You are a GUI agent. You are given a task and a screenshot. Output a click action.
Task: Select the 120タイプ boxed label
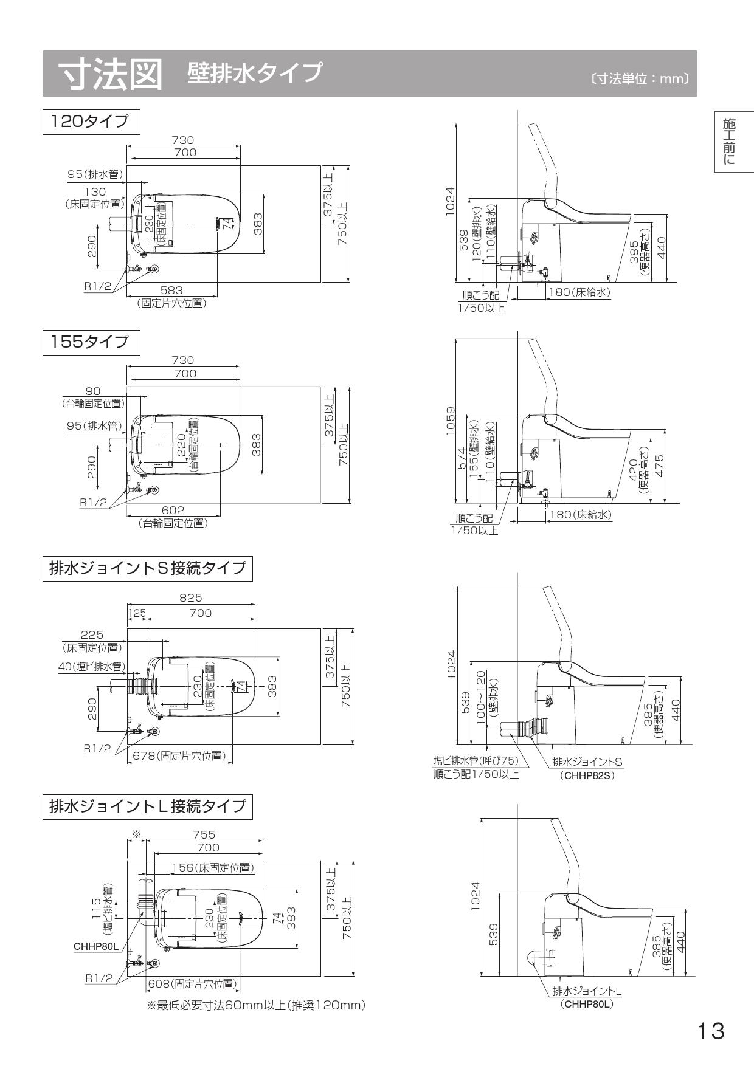91,122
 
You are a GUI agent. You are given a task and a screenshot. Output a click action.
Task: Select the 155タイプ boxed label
91,342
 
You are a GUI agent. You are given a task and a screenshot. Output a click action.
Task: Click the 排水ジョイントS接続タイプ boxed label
147,568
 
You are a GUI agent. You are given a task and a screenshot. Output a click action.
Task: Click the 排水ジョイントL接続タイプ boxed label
147,806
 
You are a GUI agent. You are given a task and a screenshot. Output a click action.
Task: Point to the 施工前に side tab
729,142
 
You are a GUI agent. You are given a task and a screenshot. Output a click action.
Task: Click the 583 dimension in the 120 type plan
171,291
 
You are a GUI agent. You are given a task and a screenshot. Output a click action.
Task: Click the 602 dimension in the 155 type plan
173,511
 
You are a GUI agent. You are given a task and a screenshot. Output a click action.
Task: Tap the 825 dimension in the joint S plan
190,598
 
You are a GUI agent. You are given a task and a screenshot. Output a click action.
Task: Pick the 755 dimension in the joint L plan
204,836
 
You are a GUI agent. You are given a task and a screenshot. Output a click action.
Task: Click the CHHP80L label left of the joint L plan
95,947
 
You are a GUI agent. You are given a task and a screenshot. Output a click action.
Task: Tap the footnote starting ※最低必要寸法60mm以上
256,1006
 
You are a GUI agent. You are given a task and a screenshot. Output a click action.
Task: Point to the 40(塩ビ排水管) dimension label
92,667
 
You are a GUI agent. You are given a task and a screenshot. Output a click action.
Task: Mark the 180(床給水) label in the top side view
578,292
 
